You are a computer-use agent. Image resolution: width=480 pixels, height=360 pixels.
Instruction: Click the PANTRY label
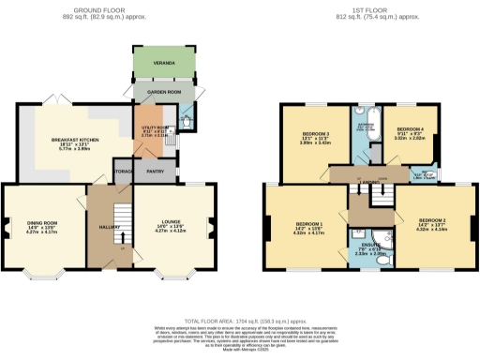coord(155,171)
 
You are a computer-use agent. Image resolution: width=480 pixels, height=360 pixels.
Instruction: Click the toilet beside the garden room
coord(185,119)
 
